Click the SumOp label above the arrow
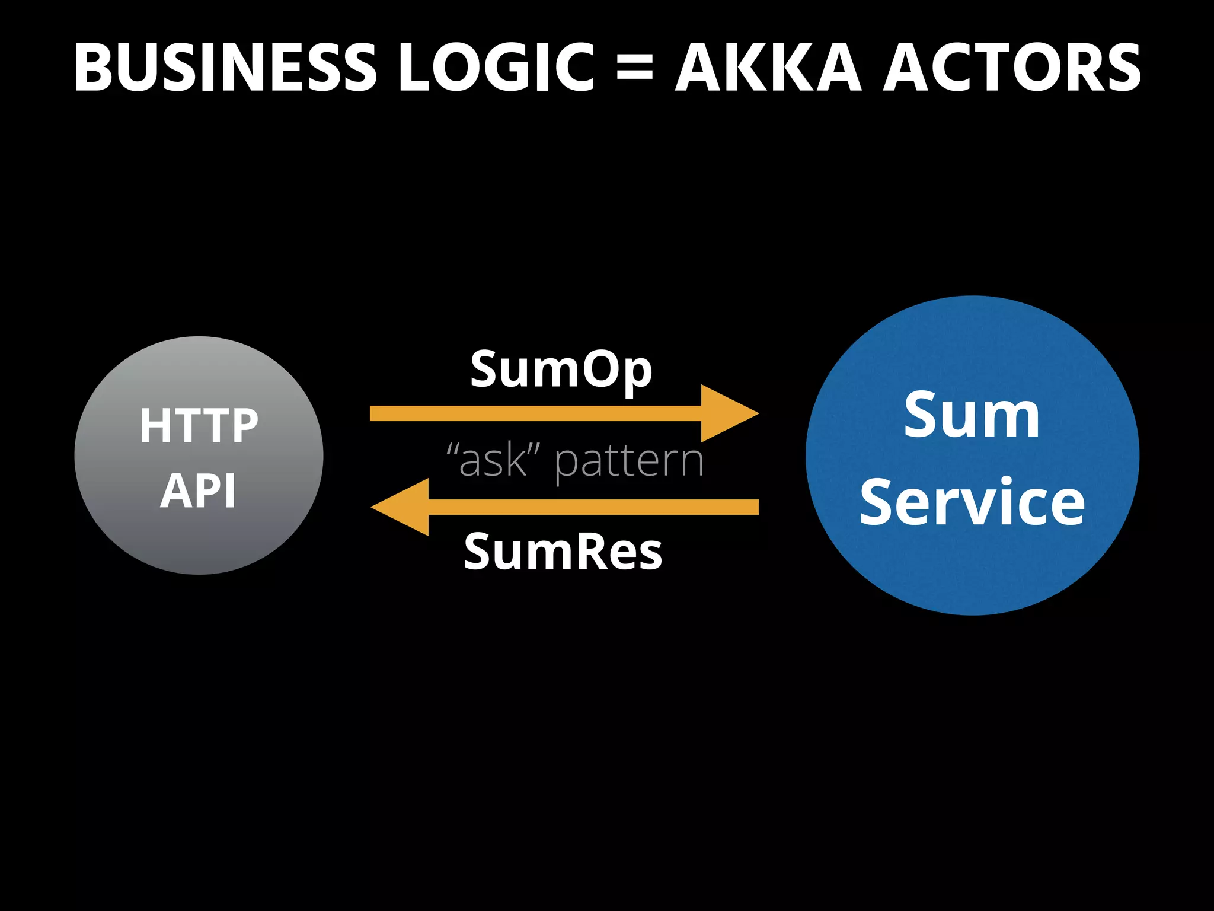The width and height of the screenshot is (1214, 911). [561, 369]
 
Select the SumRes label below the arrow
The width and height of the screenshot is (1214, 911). [563, 552]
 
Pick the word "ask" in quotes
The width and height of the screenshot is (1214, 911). [493, 461]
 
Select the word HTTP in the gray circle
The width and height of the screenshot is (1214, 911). [199, 425]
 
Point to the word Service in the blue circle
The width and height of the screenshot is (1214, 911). [972, 502]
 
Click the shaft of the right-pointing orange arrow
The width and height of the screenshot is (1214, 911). [533, 413]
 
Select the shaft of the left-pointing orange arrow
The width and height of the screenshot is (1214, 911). [593, 507]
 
